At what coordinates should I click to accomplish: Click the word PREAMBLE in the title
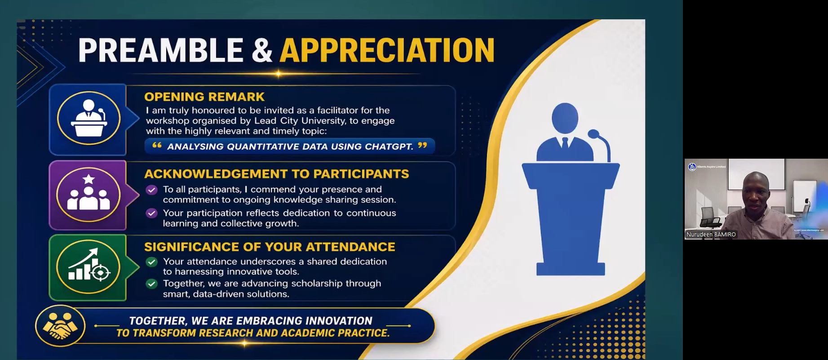click(161, 50)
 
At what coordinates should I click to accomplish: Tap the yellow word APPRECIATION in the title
click(387, 50)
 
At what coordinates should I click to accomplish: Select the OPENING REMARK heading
click(204, 97)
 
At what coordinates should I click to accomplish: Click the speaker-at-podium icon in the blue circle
click(89, 118)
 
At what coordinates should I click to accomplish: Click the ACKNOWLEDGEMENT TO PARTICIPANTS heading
click(277, 174)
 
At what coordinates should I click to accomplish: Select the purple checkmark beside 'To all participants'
click(152, 190)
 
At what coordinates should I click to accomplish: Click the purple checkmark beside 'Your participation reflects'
click(152, 213)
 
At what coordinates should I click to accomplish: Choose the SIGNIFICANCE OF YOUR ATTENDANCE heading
click(270, 247)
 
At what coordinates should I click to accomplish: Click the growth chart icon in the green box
click(89, 266)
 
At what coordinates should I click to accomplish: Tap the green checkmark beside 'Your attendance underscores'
click(152, 262)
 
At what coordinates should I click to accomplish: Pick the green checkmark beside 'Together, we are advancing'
click(152, 284)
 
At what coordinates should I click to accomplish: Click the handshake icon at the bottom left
click(60, 326)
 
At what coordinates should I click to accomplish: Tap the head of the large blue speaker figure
click(565, 118)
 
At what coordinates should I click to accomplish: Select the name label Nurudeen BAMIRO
click(711, 235)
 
